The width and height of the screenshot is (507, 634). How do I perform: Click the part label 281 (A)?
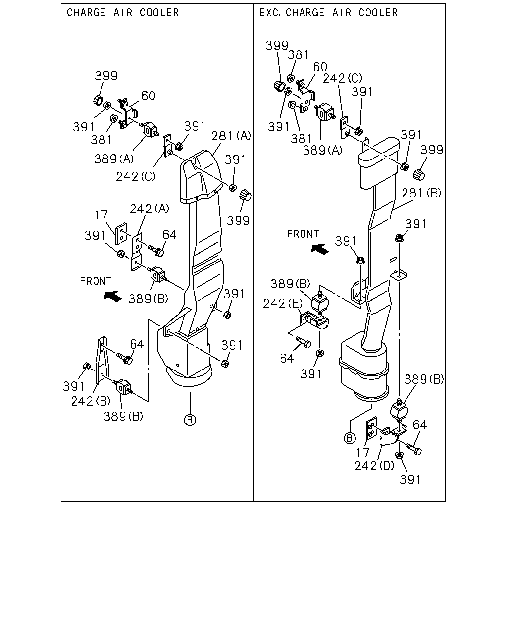(x=231, y=136)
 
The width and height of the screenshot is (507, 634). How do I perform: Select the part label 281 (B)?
(x=421, y=193)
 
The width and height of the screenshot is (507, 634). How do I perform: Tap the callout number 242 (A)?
(x=150, y=209)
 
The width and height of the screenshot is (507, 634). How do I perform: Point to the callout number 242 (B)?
(x=91, y=401)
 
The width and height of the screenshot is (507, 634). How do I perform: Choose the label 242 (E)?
(x=283, y=303)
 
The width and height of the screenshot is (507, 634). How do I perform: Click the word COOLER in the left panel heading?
(x=159, y=13)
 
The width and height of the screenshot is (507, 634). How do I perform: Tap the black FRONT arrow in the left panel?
(x=112, y=296)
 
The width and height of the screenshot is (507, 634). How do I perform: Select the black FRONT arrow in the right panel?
(x=320, y=249)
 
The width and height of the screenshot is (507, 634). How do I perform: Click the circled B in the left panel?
(x=190, y=420)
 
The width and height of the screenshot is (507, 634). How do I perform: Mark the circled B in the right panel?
(x=350, y=438)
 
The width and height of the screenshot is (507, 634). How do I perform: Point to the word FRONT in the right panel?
(x=303, y=234)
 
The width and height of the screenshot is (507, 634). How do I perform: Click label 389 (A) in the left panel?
(x=114, y=159)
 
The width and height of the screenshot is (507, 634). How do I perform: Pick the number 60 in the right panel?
(x=320, y=67)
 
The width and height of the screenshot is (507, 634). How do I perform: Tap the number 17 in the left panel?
(x=101, y=215)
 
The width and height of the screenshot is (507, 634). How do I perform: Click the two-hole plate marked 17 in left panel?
(x=121, y=234)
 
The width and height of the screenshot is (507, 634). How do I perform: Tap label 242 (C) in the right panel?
(x=342, y=78)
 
